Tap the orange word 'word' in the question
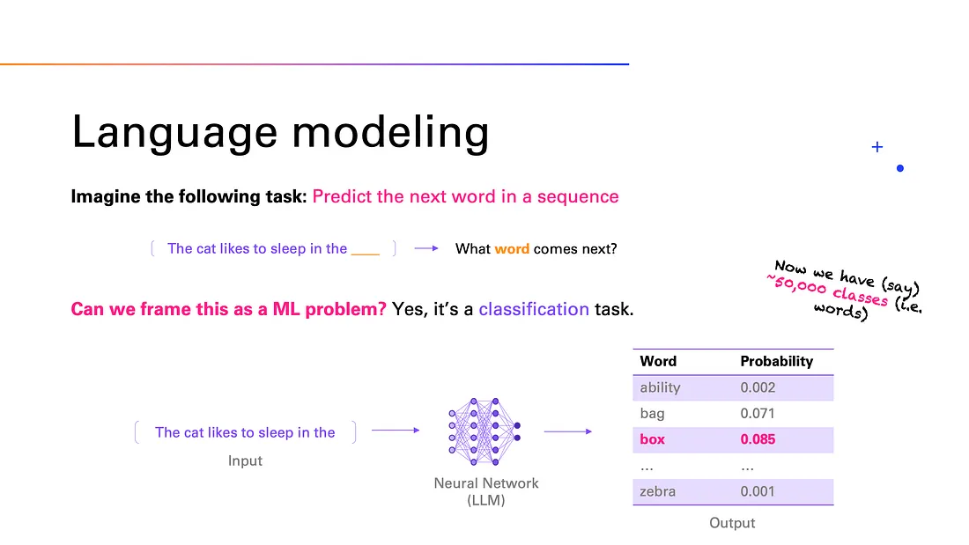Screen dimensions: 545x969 click(512, 248)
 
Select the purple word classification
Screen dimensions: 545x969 click(534, 309)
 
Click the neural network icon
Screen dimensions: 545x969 click(485, 431)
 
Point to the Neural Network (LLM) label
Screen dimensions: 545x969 click(486, 492)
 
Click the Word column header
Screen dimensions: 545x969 click(658, 361)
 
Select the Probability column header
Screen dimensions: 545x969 click(776, 361)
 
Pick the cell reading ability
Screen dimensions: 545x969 click(660, 387)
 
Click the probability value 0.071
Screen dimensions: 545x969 click(758, 413)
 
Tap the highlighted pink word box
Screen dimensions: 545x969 click(653, 439)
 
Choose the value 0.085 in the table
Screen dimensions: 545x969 click(758, 439)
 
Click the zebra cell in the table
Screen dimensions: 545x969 click(658, 491)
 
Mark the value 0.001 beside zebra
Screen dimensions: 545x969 click(758, 491)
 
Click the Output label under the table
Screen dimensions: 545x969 click(732, 523)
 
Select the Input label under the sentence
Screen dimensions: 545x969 click(245, 460)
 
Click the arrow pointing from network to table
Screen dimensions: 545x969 click(568, 431)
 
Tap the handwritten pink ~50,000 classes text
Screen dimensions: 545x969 click(827, 290)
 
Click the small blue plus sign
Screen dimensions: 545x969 click(877, 147)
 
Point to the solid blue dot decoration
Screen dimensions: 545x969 click(899, 168)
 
